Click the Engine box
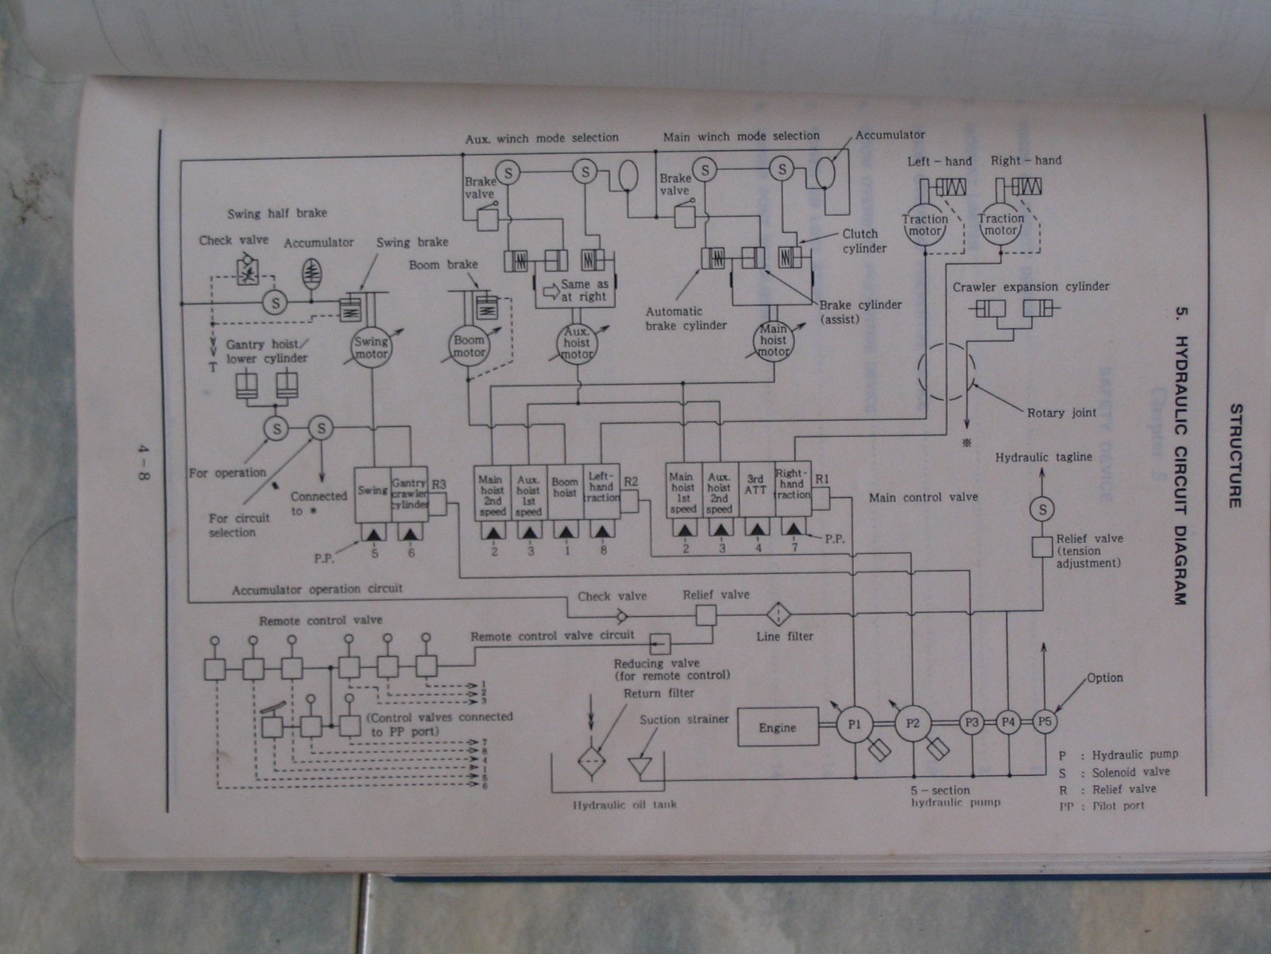click(777, 727)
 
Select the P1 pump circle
click(855, 724)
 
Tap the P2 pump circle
click(913, 723)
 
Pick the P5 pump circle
click(1045, 722)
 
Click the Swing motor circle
click(371, 347)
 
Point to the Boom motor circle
click(469, 346)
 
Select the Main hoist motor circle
click(773, 340)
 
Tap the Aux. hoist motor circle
click(577, 343)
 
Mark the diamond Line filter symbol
click(779, 615)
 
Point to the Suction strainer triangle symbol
click(639, 766)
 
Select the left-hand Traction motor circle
click(925, 225)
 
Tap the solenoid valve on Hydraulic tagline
click(1042, 510)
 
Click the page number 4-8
click(143, 465)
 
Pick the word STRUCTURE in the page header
click(1236, 456)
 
